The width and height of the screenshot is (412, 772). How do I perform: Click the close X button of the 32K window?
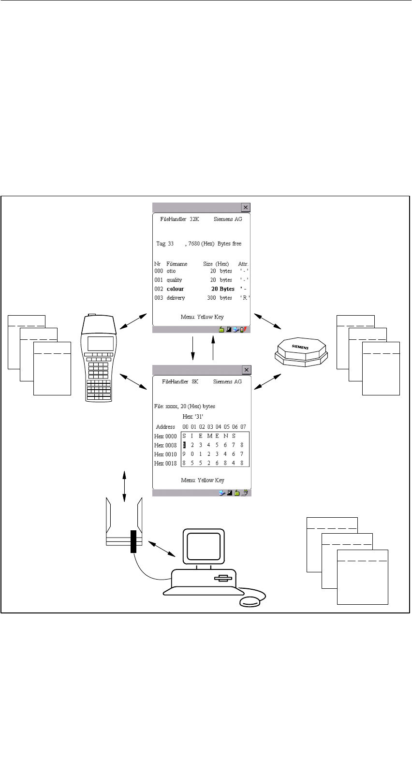point(246,207)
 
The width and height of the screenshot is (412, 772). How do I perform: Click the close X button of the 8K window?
point(246,370)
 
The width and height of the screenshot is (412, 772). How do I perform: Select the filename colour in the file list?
point(175,289)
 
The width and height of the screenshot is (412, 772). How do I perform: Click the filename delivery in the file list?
point(176,298)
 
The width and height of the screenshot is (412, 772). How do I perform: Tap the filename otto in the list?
point(171,271)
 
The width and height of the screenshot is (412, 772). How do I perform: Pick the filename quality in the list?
point(174,280)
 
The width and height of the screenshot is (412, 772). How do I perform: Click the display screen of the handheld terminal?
point(101,343)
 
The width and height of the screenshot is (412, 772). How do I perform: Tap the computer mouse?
point(250,601)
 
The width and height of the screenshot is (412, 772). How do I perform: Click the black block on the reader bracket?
point(133,541)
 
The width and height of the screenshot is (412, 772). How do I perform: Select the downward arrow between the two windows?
point(192,348)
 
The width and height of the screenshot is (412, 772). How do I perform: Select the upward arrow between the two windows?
point(213,348)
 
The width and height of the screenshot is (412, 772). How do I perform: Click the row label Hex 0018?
point(165,463)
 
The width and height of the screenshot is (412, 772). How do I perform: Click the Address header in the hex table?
point(165,427)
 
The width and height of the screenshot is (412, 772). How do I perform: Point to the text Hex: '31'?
point(192,416)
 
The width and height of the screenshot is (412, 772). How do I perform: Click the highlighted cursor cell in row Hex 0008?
point(184,445)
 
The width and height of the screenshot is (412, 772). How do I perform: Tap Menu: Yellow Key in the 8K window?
point(203,480)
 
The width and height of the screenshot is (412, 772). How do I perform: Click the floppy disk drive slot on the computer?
point(223,578)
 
